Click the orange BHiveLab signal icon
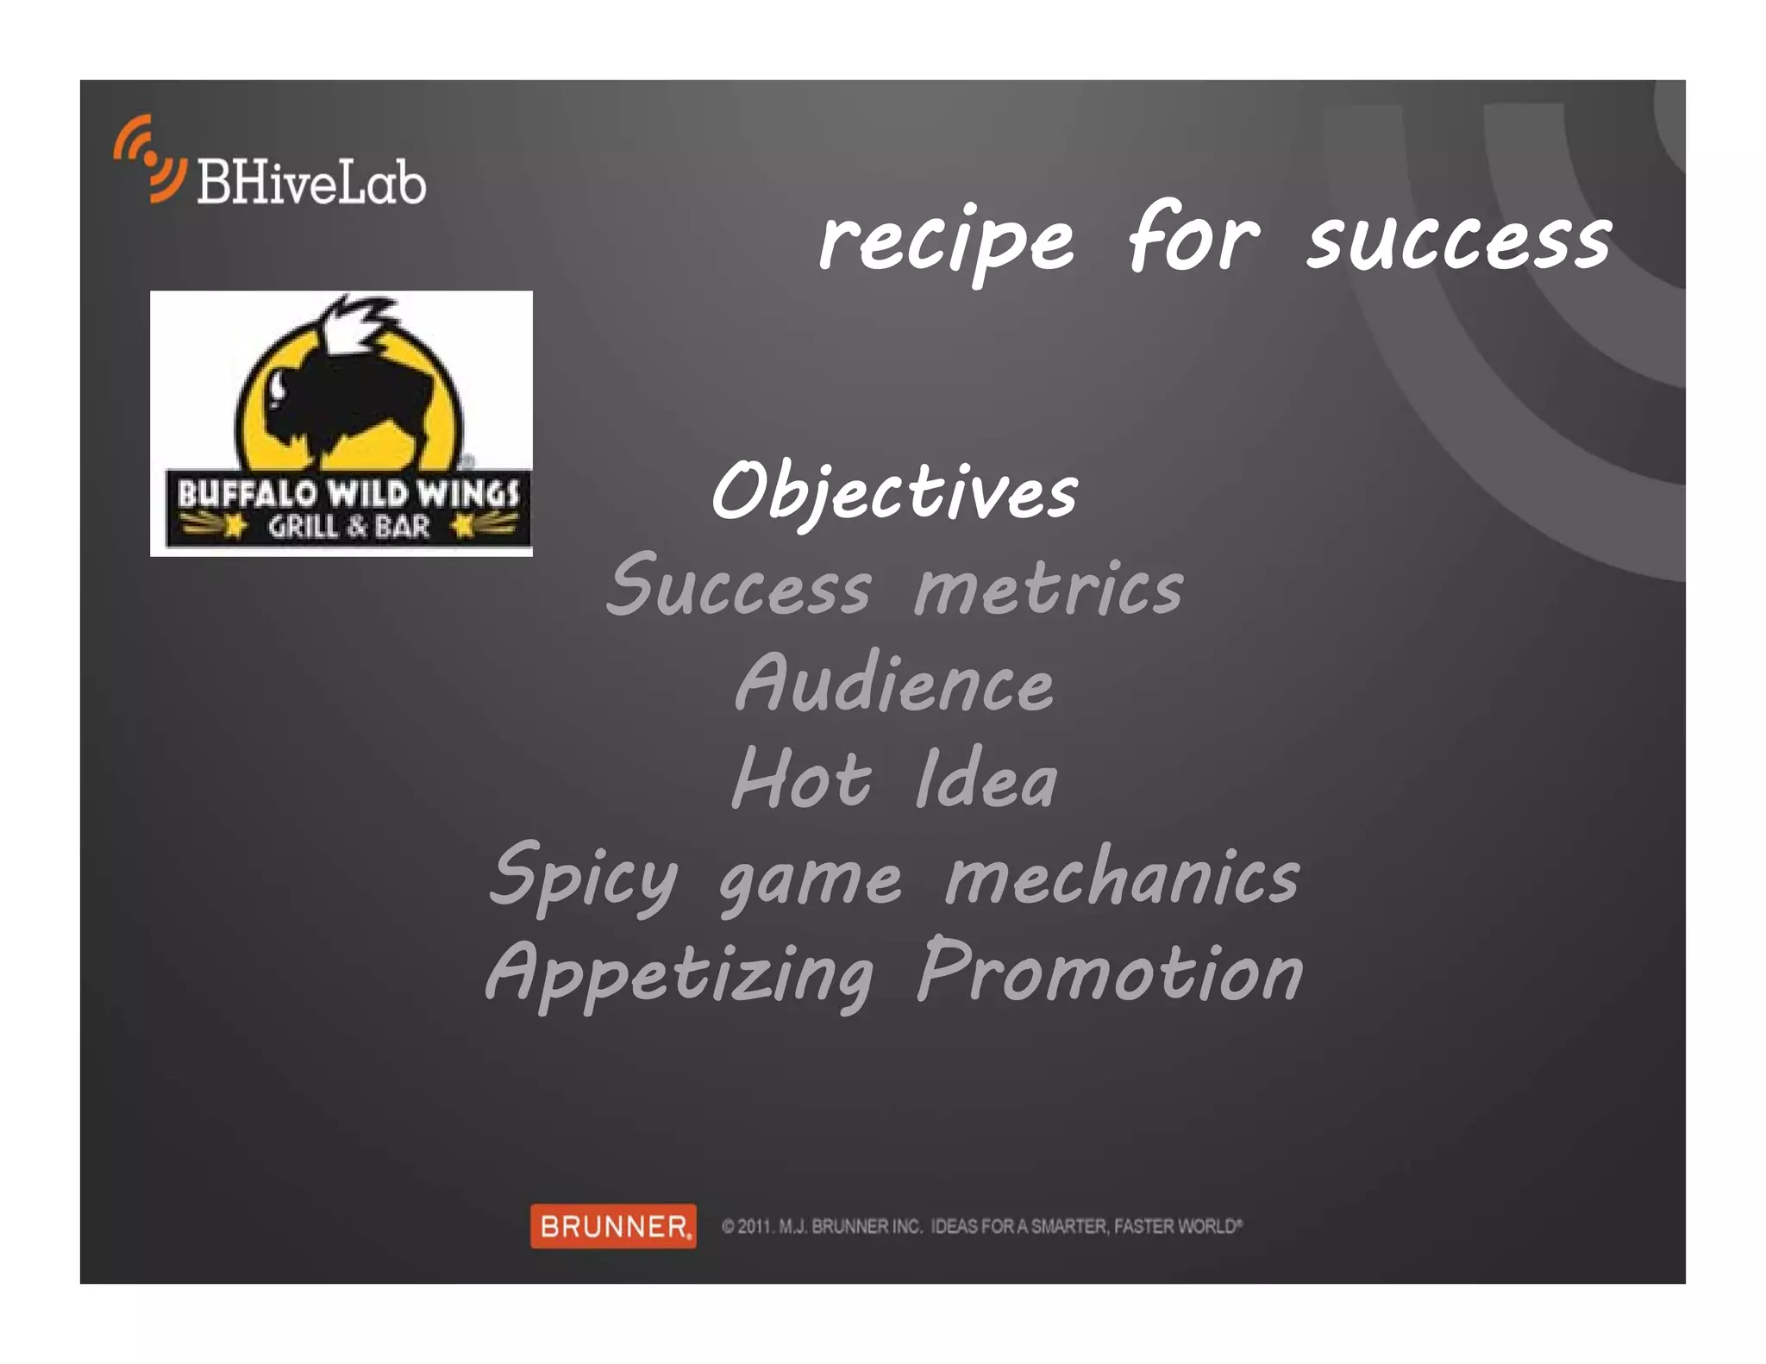149,159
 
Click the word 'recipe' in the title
946,241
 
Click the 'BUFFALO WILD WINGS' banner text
348,494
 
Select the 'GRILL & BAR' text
348,526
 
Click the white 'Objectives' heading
894,492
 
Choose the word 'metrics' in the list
1049,589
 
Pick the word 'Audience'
894,685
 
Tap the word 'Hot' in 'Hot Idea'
801,780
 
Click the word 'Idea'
986,780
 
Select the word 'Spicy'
584,878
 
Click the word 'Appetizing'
679,974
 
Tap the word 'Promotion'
1109,973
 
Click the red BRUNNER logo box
613,1225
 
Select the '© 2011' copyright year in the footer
747,1226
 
